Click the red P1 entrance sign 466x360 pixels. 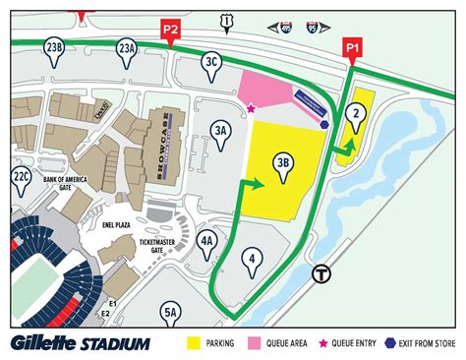coord(351,46)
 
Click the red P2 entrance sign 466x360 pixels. coord(170,30)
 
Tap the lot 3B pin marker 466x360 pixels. coord(284,166)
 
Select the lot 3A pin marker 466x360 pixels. coord(221,130)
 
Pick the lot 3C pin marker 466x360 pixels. coord(210,61)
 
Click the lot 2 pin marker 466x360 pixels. coord(355,114)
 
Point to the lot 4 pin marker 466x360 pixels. coord(253,260)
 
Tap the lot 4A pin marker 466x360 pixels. coord(206,241)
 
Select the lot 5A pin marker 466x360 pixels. coord(171,314)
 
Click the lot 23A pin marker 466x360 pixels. coord(127,48)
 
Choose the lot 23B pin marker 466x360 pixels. coord(55,48)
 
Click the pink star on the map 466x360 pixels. coord(251,108)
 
